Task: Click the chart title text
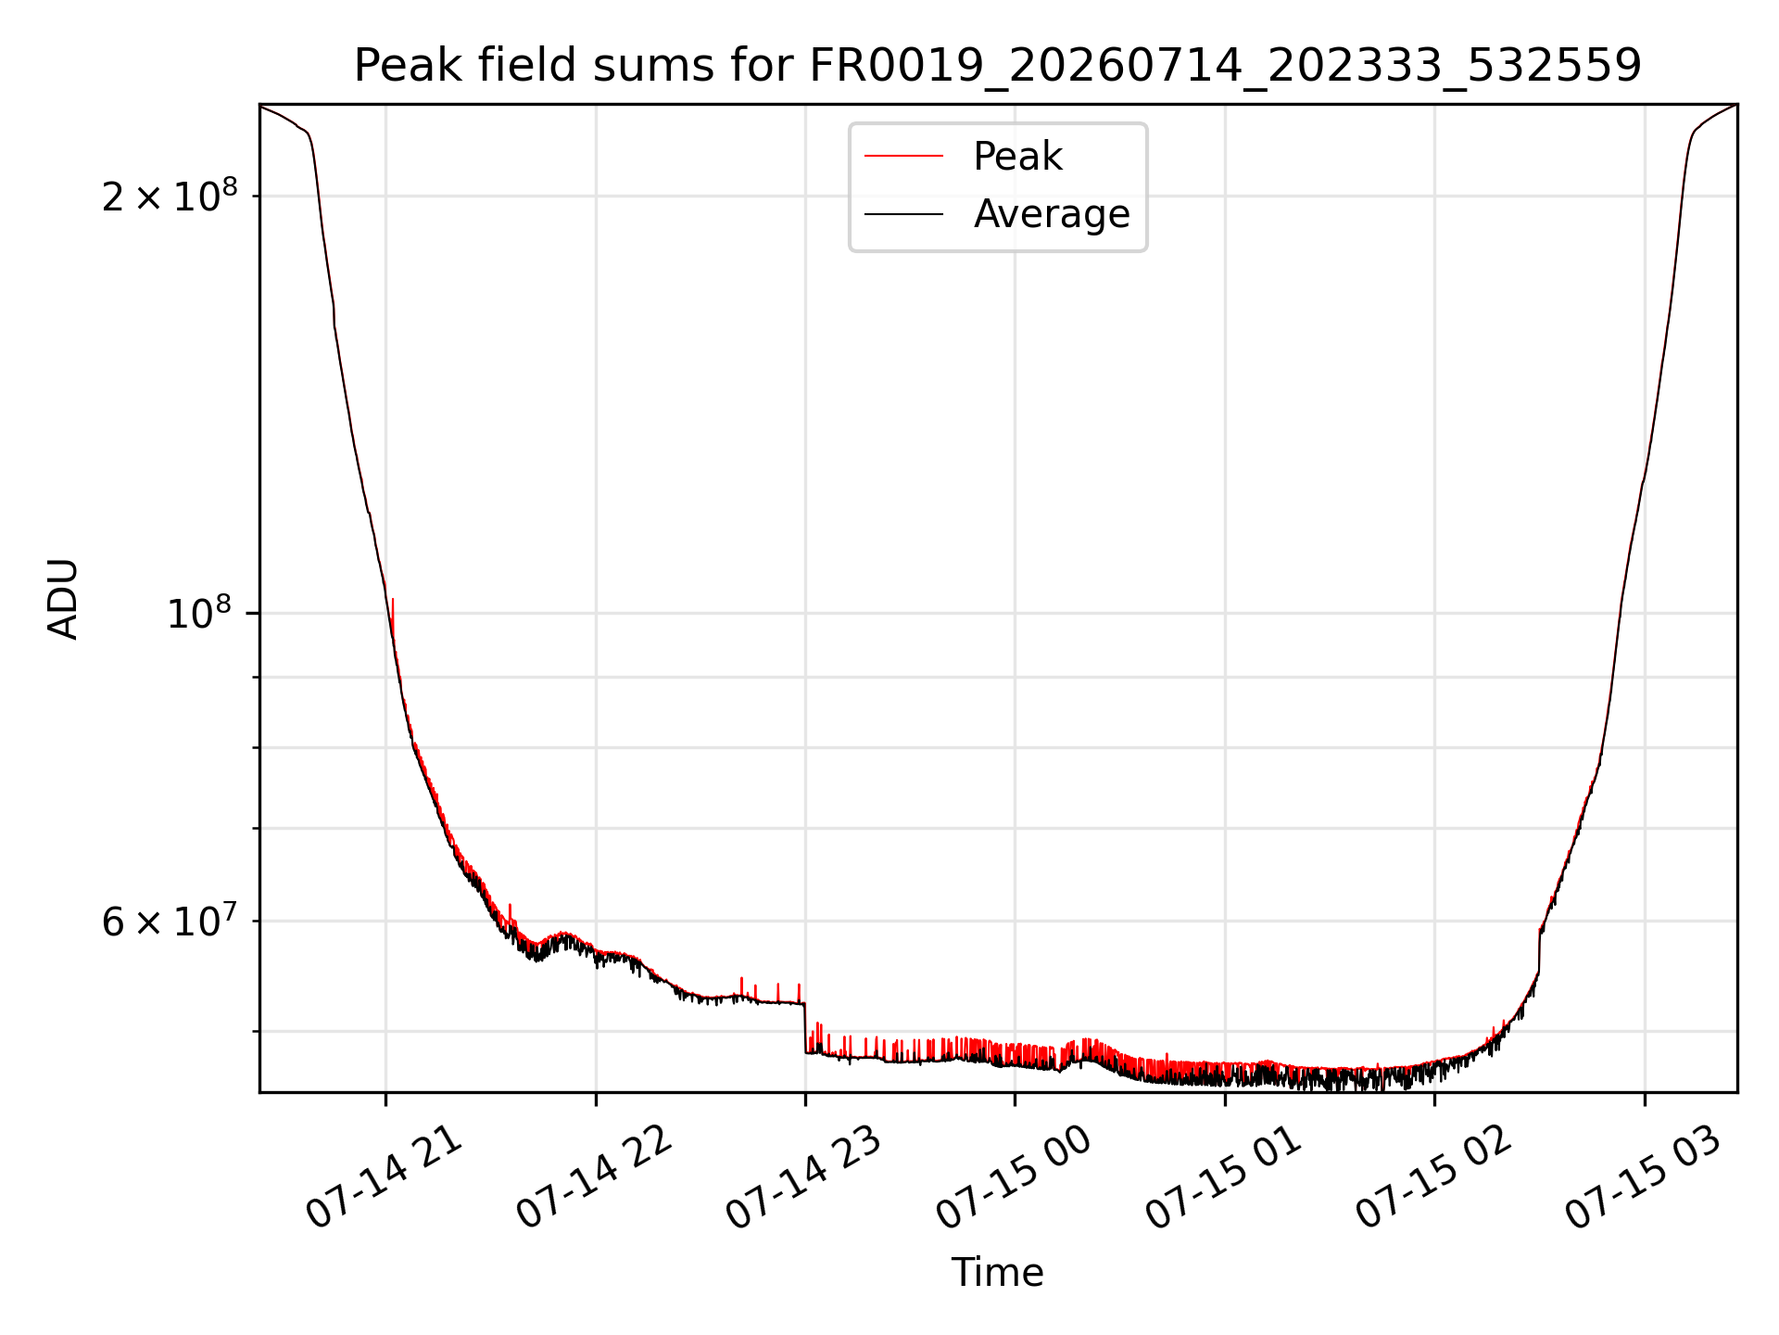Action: pyautogui.click(x=998, y=66)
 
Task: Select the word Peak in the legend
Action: pyautogui.click(x=1017, y=157)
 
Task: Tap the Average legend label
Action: pyautogui.click(x=1052, y=214)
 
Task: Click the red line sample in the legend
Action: pyautogui.click(x=903, y=157)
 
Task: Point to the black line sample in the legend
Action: pyautogui.click(x=903, y=214)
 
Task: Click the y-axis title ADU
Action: pyautogui.click(x=63, y=598)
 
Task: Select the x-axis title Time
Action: pyautogui.click(x=998, y=1273)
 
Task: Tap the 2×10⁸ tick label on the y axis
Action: pyautogui.click(x=170, y=196)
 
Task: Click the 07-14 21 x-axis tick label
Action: pyautogui.click(x=383, y=1178)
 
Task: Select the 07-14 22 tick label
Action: pyautogui.click(x=593, y=1178)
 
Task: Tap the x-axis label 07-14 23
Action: pyautogui.click(x=802, y=1178)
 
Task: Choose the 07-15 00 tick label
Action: pyautogui.click(x=1013, y=1178)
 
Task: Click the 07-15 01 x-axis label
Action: pyautogui.click(x=1223, y=1178)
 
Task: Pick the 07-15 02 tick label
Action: pyautogui.click(x=1432, y=1178)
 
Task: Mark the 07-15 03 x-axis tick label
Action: pyautogui.click(x=1643, y=1178)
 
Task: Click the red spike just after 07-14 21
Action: pyautogui.click(x=393, y=617)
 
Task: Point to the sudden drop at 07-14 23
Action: pyautogui.click(x=805, y=1027)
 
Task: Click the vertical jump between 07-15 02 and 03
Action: pyautogui.click(x=1539, y=950)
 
